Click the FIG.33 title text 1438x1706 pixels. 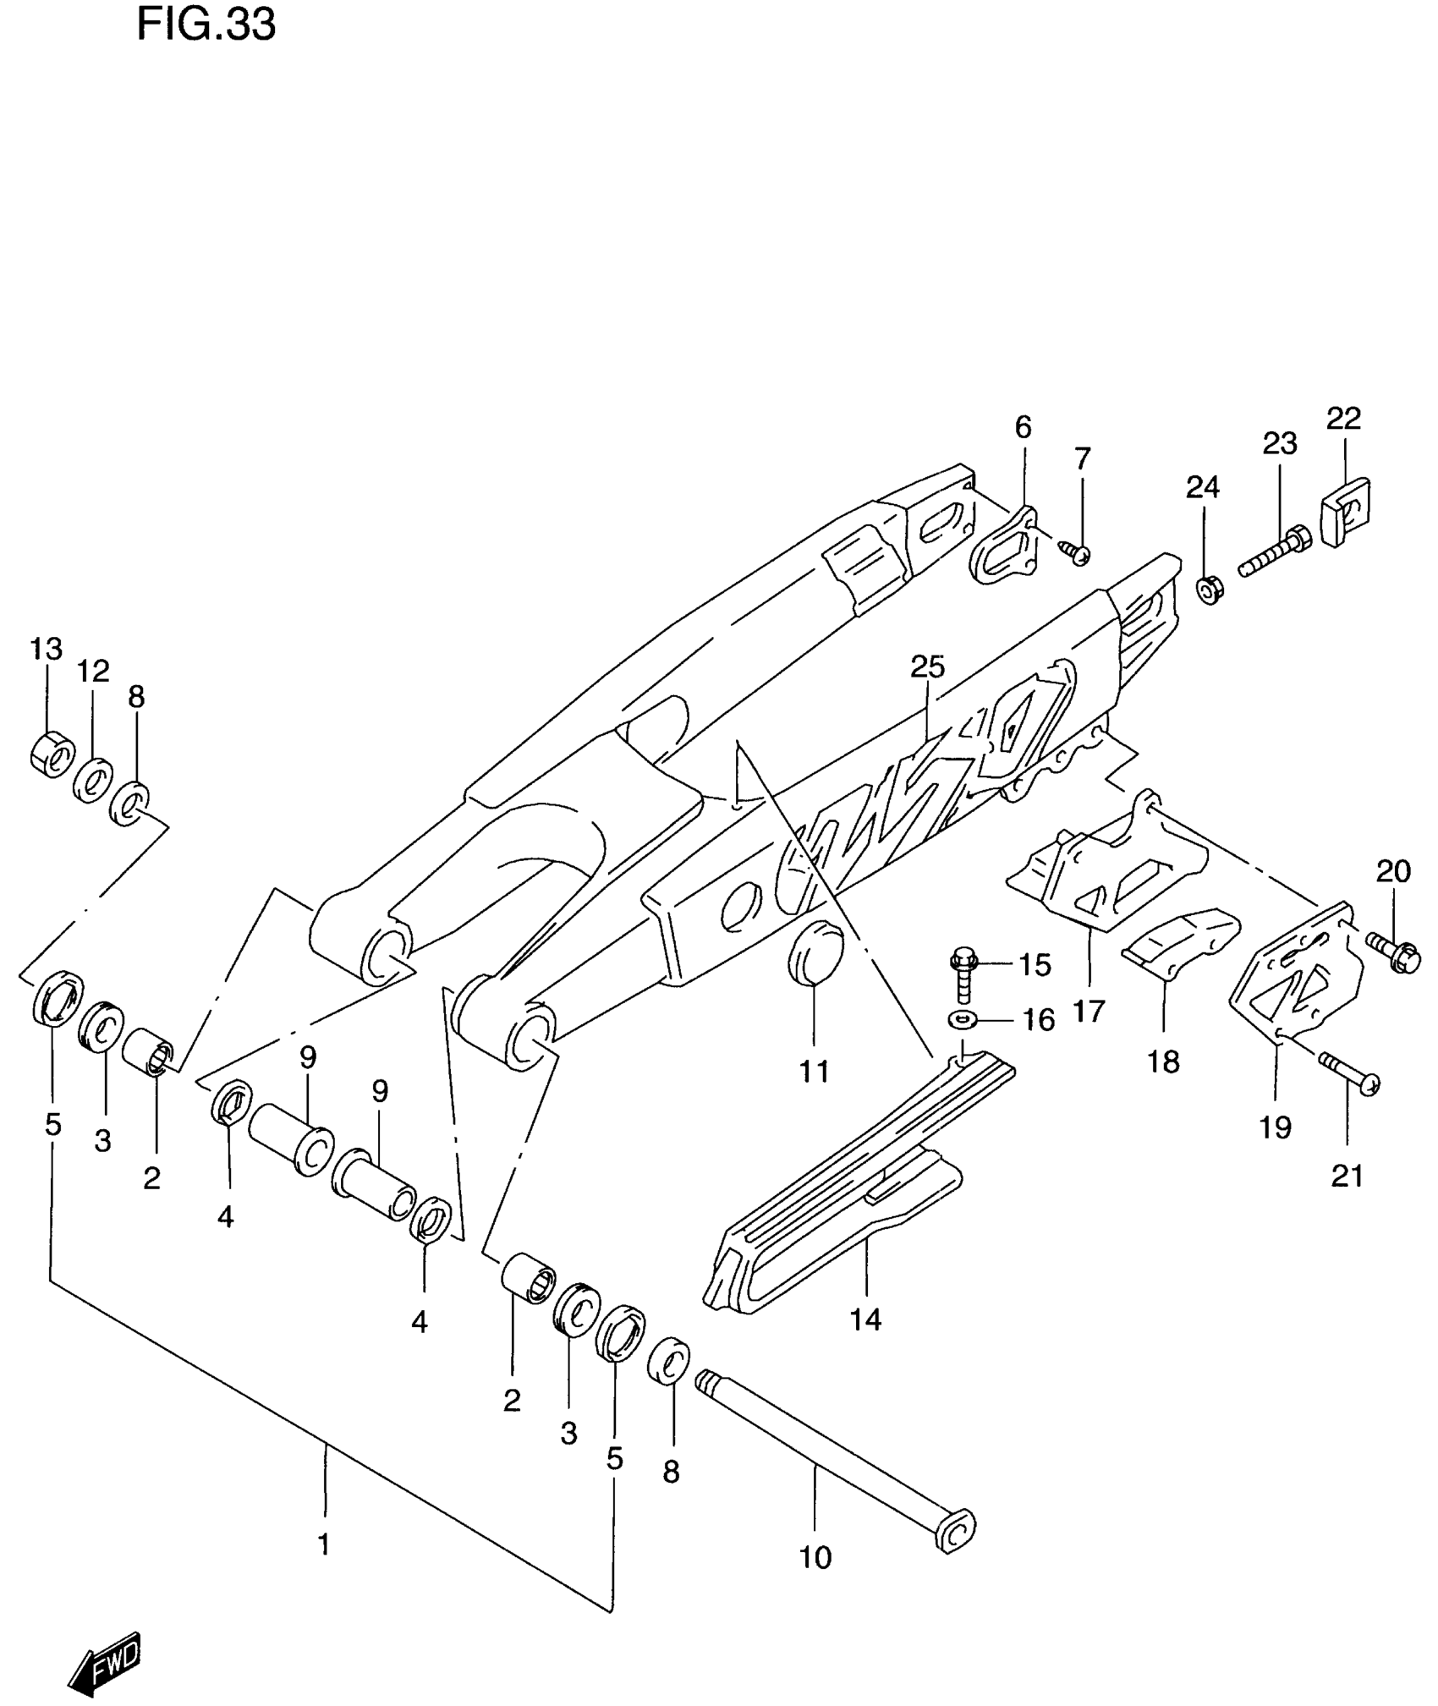[206, 25]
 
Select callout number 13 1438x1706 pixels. [47, 649]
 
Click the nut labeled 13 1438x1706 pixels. [52, 753]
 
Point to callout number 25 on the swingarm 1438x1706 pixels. [927, 666]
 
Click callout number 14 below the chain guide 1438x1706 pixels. [865, 1319]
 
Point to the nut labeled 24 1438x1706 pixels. [1209, 590]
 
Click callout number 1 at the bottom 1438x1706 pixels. [323, 1545]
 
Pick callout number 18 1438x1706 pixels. [1163, 1061]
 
